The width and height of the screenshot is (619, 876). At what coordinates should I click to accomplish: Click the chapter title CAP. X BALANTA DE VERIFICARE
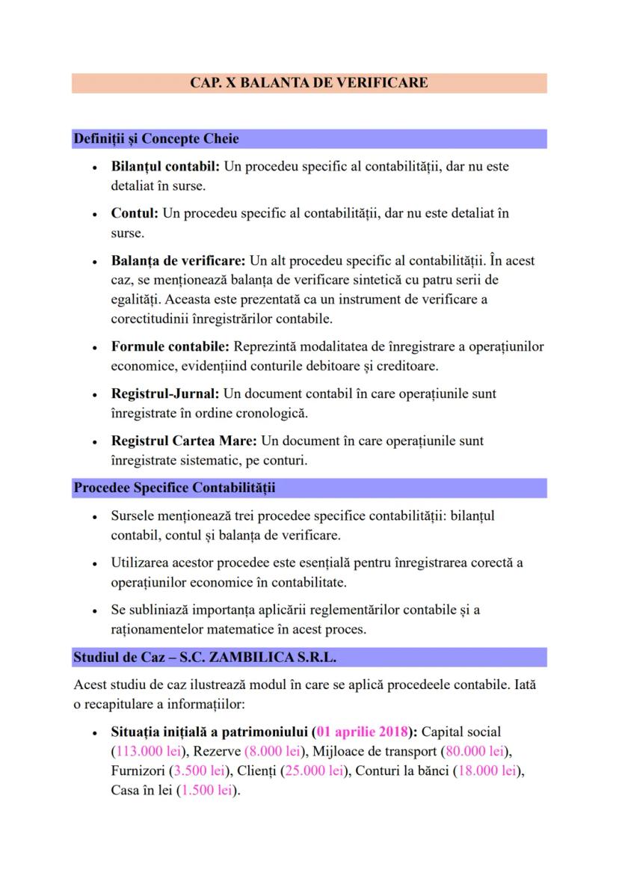(309, 82)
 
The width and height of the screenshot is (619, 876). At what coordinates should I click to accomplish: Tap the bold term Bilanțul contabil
(165, 166)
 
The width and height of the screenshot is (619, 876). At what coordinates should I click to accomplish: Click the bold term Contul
(135, 213)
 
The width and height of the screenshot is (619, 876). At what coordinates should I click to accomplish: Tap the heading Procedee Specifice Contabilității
(174, 488)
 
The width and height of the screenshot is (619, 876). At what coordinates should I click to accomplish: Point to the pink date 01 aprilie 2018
(366, 731)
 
